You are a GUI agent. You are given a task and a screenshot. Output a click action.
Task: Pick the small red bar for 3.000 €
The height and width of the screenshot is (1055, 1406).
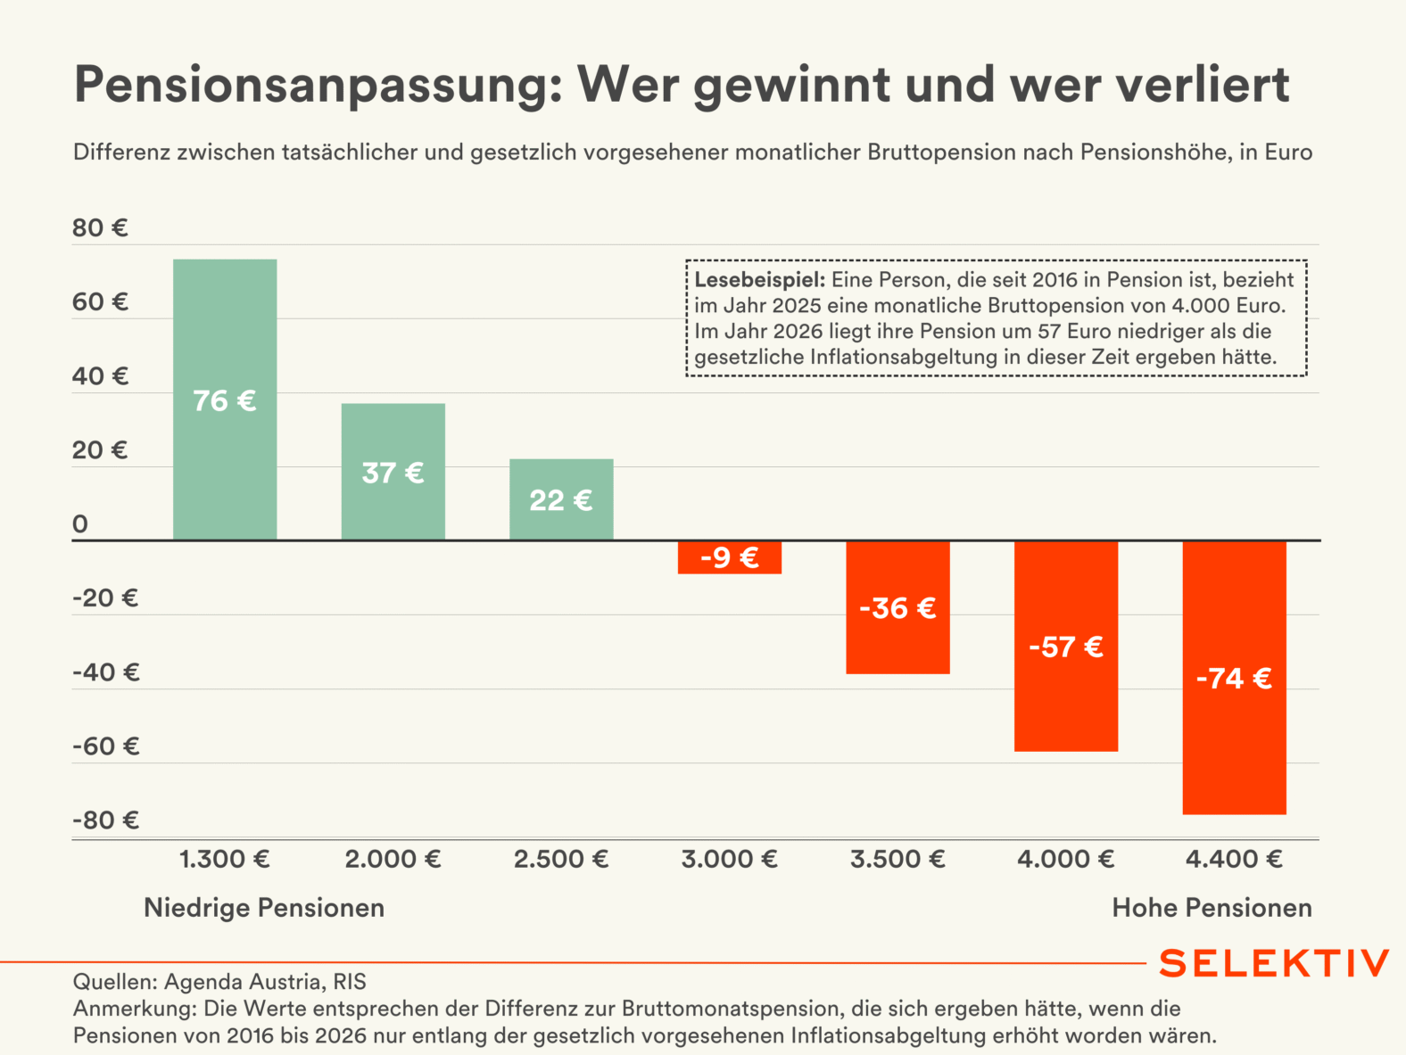pos(730,557)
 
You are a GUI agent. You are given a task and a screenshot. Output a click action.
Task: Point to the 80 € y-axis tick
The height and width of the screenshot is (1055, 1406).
pos(100,228)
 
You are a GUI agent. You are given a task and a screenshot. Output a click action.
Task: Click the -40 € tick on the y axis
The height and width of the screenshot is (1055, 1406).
pos(105,672)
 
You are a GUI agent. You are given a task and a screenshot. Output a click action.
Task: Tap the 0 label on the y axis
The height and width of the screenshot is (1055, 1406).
pos(80,524)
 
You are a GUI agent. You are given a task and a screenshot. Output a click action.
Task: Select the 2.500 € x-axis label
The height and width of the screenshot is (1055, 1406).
pos(561,860)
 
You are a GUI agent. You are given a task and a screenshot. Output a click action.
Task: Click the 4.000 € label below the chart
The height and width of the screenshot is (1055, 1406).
pos(1066,860)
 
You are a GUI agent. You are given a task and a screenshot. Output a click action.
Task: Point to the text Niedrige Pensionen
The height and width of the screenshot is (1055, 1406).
pos(264,908)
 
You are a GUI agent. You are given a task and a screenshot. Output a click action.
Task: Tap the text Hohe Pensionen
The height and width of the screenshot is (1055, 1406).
pos(1212,908)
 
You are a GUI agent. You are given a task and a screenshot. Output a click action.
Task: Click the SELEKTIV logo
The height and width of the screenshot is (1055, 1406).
pos(1274,963)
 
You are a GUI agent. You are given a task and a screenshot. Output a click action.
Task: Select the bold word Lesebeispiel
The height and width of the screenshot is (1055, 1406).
pos(759,280)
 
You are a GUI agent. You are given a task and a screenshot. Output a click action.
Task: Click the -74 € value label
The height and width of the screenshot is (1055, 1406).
pos(1234,679)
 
